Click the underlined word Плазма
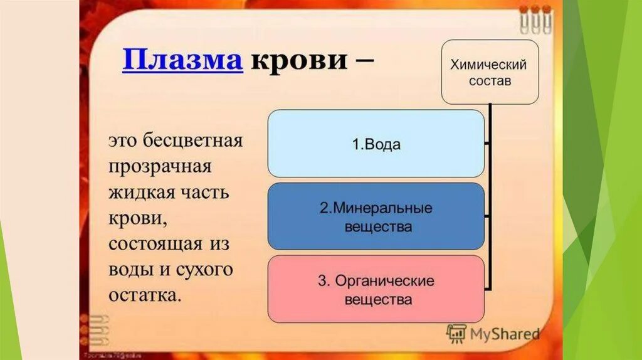(182, 61)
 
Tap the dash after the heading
(364, 61)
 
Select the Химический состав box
(490, 72)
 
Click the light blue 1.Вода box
(376, 144)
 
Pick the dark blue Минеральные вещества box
(376, 216)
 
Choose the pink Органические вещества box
(376, 290)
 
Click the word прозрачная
(160, 167)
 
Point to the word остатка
(145, 295)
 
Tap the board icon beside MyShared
(456, 333)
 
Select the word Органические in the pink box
(384, 281)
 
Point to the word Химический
(489, 65)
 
